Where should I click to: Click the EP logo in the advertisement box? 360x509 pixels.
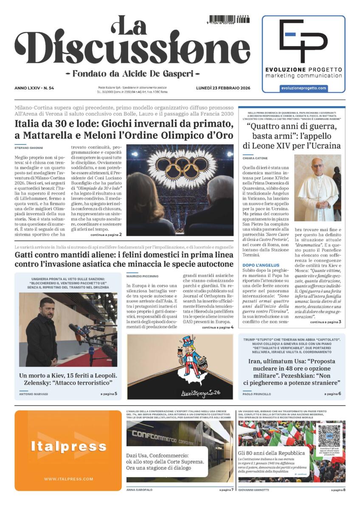[x=303, y=41]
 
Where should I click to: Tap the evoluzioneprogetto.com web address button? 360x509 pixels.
[x=303, y=88]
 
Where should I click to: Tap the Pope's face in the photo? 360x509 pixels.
[x=317, y=167]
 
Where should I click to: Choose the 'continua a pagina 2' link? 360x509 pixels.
[x=106, y=234]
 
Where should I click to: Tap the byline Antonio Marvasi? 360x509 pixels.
[x=34, y=394]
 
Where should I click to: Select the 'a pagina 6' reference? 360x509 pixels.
[x=333, y=394]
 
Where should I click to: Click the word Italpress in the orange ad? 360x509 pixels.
[x=68, y=446]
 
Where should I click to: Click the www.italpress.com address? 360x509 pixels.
[x=68, y=479]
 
